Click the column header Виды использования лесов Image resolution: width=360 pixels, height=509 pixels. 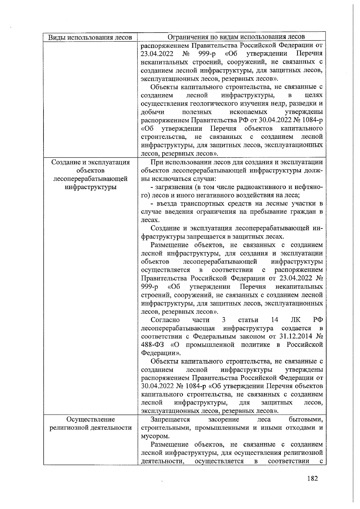[90, 37]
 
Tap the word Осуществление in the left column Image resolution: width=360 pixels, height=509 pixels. [91, 419]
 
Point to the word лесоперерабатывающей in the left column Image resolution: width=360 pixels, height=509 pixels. [90, 179]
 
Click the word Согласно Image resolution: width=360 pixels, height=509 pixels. [165, 320]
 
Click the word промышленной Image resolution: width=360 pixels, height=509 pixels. [210, 345]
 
